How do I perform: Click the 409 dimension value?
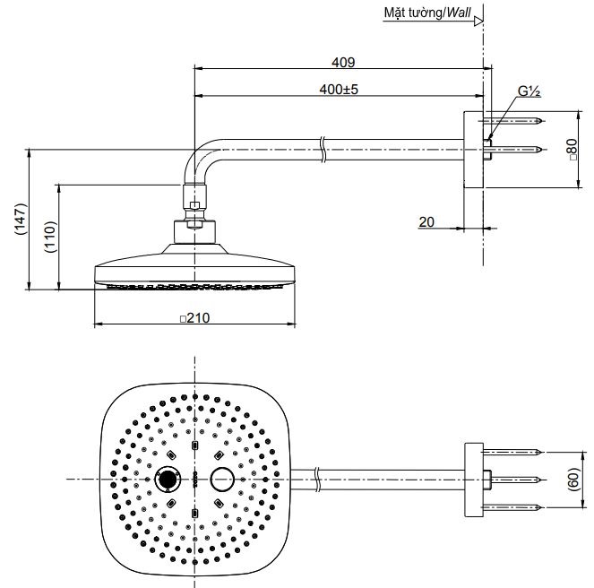343,63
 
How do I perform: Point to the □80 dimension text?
571,150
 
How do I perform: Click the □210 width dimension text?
196,317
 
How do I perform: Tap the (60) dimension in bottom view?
573,480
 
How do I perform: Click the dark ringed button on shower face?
168,480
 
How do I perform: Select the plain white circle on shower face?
221,480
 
